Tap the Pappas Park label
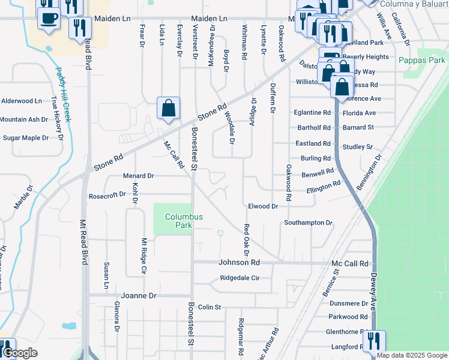[x=421, y=60]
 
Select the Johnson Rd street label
[x=239, y=262]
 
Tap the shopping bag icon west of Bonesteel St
[x=169, y=109]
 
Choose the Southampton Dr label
[x=308, y=223]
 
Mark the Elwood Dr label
[x=263, y=206]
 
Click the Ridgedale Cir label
[x=240, y=278]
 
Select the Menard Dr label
[x=138, y=176]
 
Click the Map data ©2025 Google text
[x=412, y=355]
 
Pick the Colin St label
[x=209, y=307]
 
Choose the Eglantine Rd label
[x=312, y=112]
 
